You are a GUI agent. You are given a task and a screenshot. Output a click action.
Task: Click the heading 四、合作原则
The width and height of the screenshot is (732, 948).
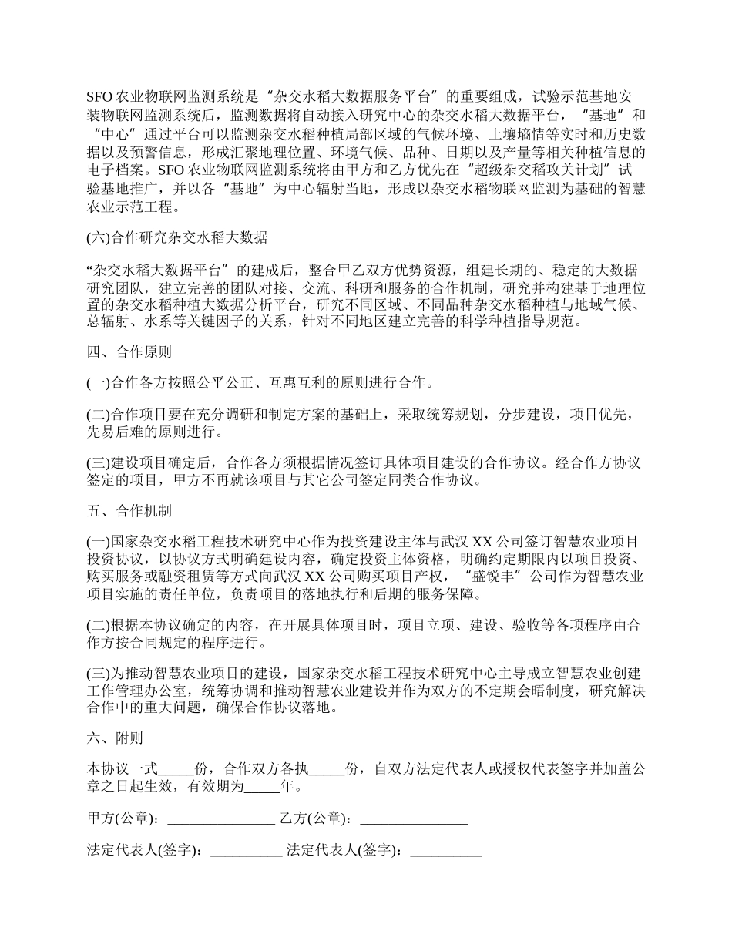[x=129, y=352]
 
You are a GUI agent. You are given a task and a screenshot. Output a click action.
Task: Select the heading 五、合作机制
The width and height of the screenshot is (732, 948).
[x=129, y=511]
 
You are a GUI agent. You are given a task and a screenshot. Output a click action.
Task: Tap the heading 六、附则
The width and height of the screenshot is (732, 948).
[x=115, y=738]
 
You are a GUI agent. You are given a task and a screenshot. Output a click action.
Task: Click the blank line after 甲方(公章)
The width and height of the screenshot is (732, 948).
[x=221, y=819]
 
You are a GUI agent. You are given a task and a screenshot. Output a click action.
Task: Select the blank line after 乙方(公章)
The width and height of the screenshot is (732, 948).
[x=414, y=819]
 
